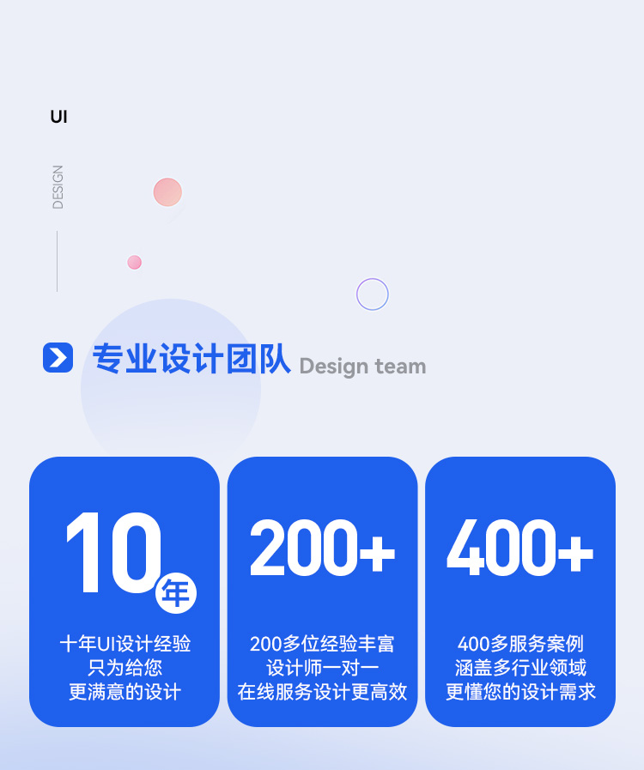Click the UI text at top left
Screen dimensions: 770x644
coord(58,117)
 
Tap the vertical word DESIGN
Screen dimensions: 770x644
coord(58,187)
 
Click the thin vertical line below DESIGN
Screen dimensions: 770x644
coord(58,261)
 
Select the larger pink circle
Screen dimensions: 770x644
coord(167,192)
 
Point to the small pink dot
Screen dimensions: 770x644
coord(134,263)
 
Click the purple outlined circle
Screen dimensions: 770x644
coord(373,294)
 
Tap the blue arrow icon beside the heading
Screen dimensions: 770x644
coord(58,357)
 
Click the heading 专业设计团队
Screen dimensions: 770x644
coord(191,359)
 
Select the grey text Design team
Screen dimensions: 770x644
coord(362,367)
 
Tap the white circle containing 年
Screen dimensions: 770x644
coord(176,593)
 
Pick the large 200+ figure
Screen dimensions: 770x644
coord(322,548)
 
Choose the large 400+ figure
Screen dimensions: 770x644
coord(519,548)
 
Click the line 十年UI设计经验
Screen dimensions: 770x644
coord(125,644)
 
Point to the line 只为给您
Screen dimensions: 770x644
coord(125,668)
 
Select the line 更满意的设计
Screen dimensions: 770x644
coord(125,692)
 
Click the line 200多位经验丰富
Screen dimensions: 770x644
coord(322,644)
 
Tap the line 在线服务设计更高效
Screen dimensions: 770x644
coord(322,692)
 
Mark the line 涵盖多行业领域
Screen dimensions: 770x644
coord(520,668)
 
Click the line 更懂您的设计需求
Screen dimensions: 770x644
coord(520,692)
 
